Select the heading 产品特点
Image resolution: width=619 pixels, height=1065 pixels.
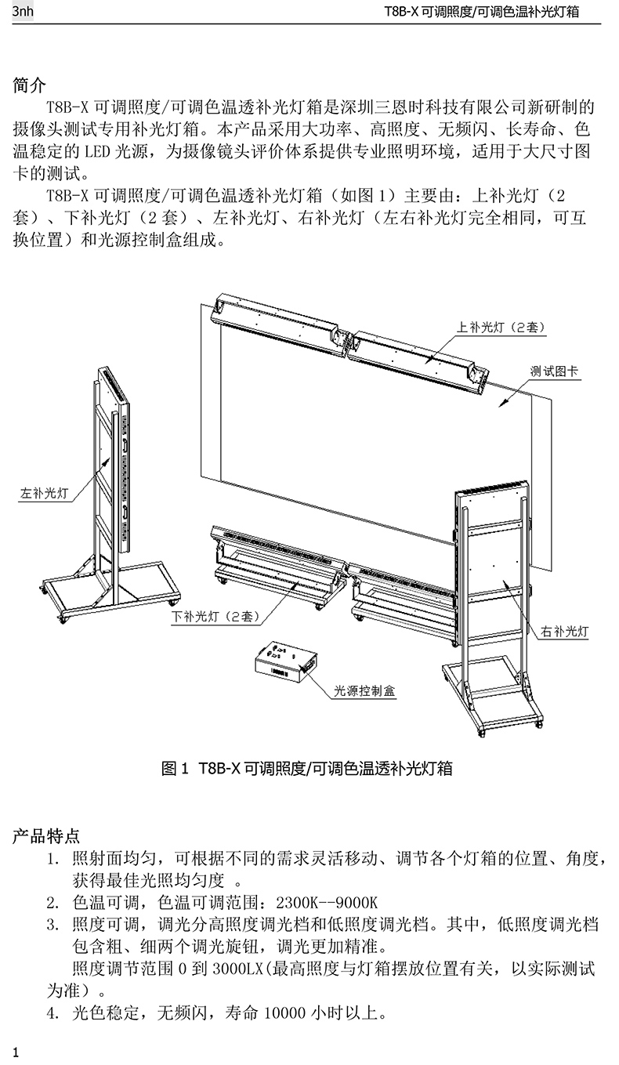point(46,837)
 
